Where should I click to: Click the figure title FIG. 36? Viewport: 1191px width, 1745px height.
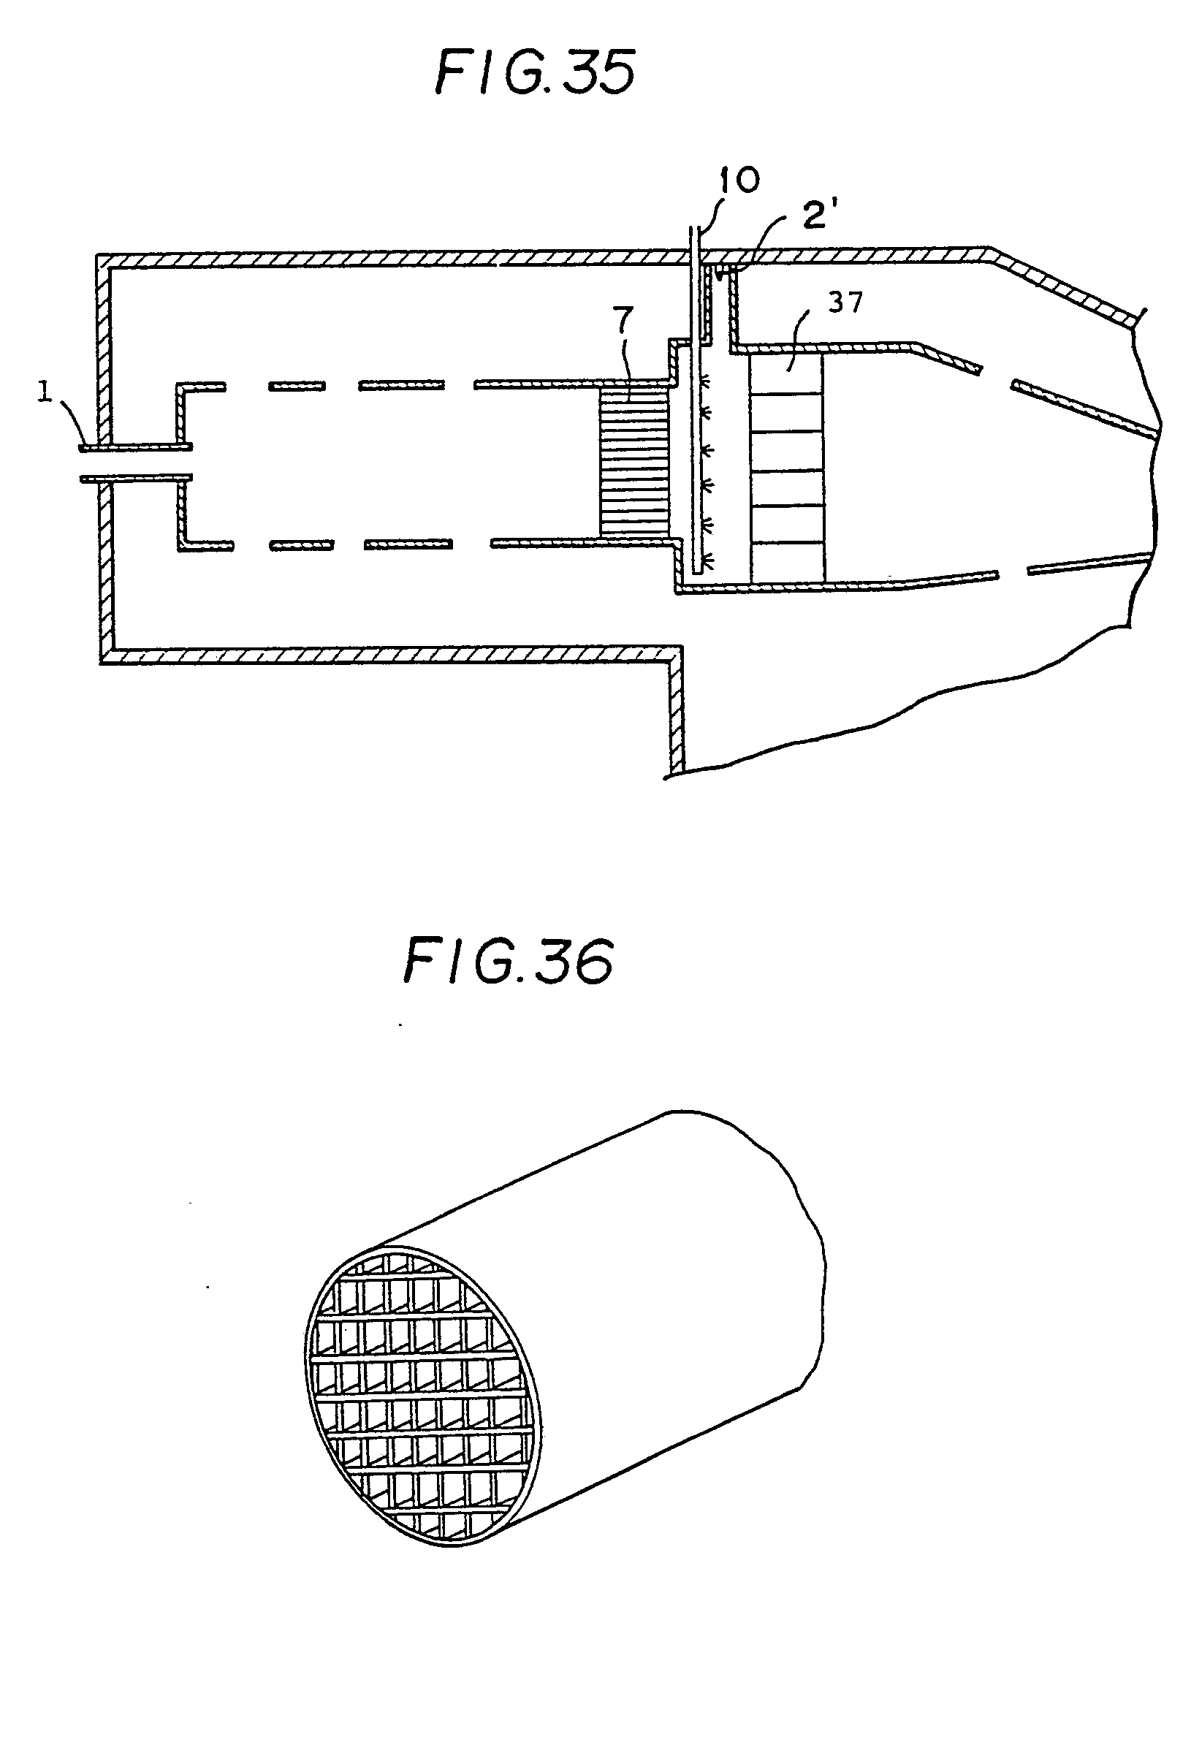[509, 961]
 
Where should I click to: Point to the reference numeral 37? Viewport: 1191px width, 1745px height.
[844, 303]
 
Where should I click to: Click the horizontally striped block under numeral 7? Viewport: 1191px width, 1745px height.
[633, 461]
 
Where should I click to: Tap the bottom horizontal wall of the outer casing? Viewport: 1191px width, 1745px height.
[390, 656]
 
